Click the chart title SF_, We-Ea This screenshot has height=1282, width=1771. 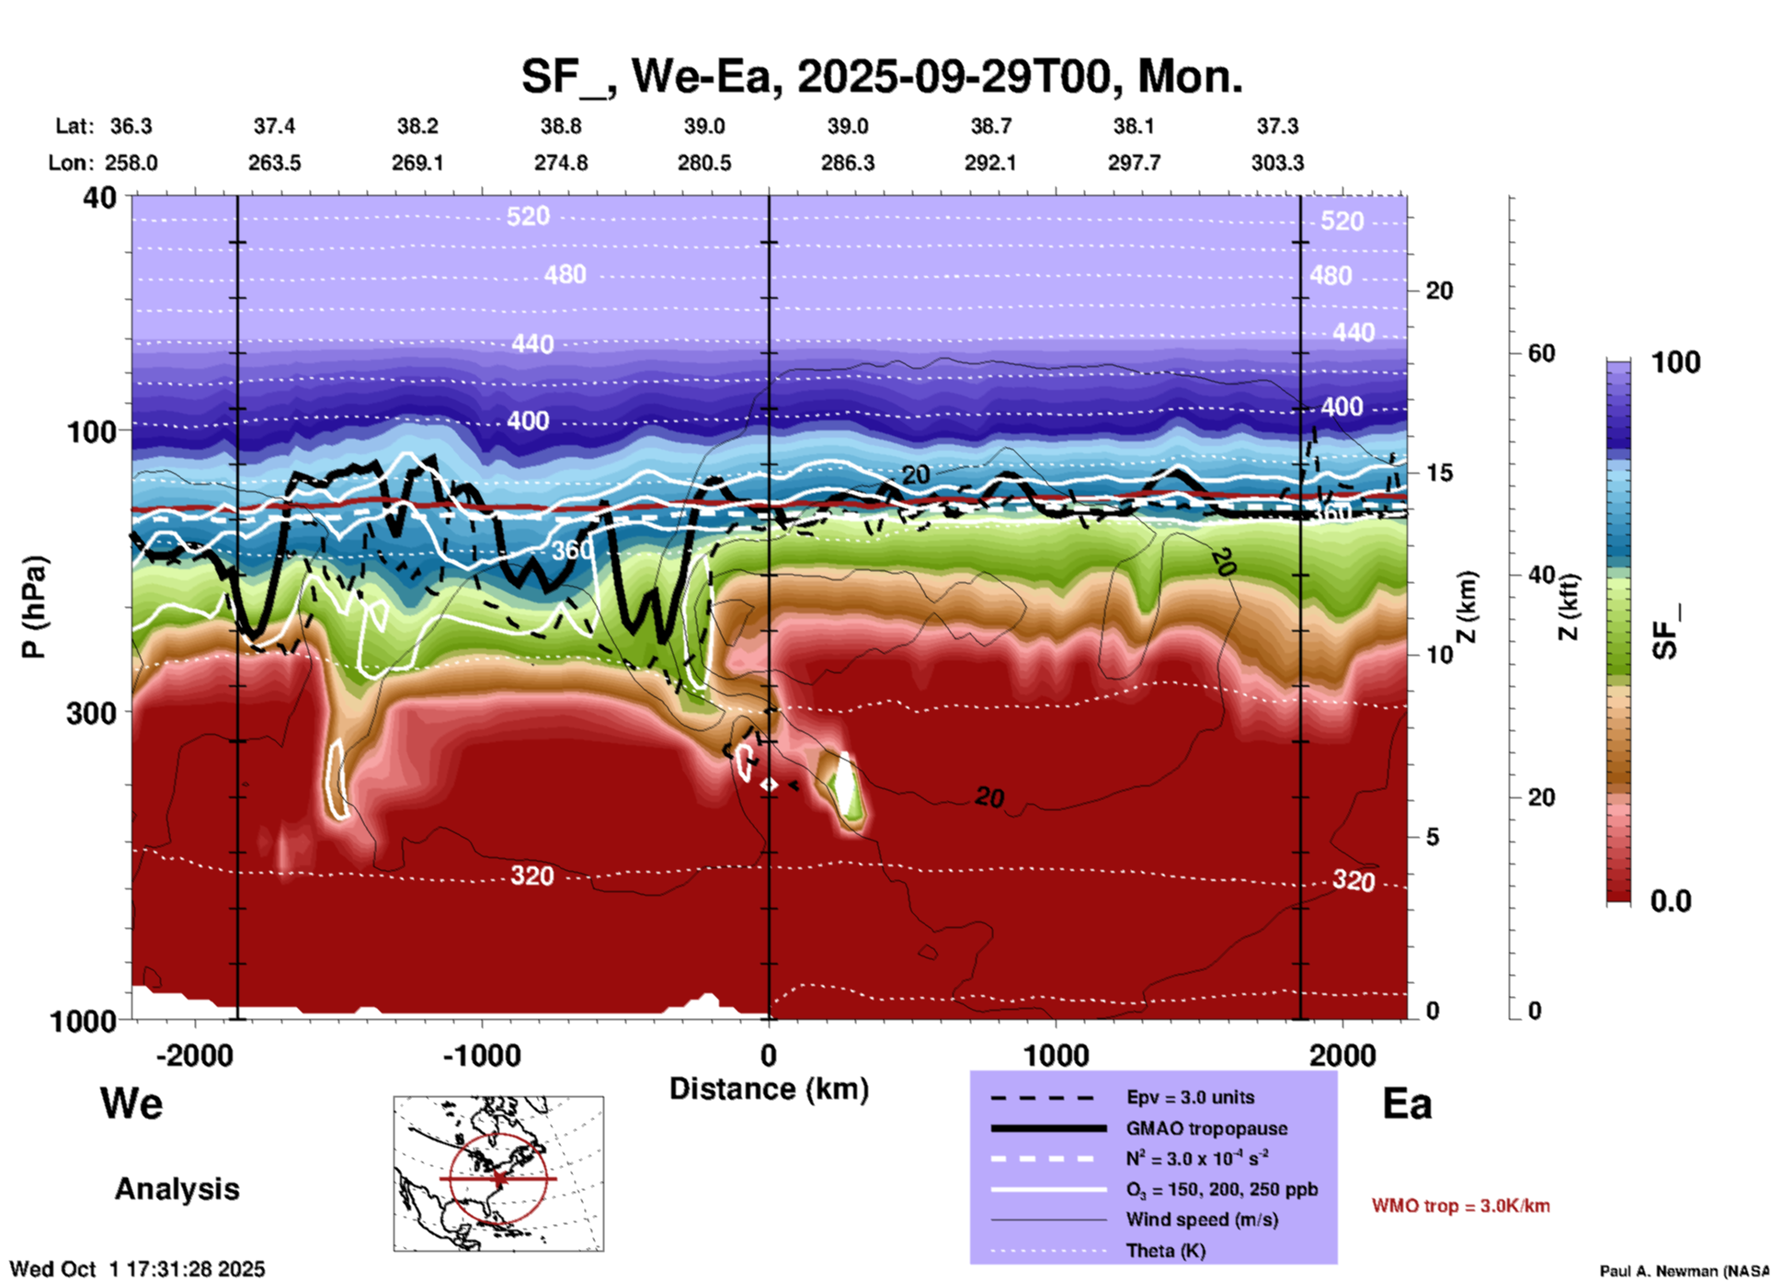pyautogui.click(x=881, y=76)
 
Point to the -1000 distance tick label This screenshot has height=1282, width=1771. pyautogui.click(x=482, y=1055)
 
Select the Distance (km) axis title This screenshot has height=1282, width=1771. pyautogui.click(x=769, y=1089)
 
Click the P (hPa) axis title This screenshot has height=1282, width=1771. pyautogui.click(x=34, y=607)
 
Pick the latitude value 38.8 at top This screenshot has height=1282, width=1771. pyautogui.click(x=560, y=126)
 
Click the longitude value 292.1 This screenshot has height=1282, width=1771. pyautogui.click(x=990, y=163)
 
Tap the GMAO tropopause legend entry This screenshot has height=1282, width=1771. pyautogui.click(x=1205, y=1128)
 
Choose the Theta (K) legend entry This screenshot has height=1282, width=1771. pyautogui.click(x=1165, y=1251)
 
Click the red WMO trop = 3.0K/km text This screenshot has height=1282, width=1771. pyautogui.click(x=1460, y=1206)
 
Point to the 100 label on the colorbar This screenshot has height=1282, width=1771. pyautogui.click(x=1675, y=362)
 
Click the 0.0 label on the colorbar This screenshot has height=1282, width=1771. pyautogui.click(x=1670, y=901)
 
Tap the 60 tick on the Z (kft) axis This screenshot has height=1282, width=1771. pyautogui.click(x=1541, y=353)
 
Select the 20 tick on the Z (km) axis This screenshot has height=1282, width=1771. pyautogui.click(x=1438, y=291)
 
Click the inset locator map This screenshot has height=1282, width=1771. pyautogui.click(x=498, y=1173)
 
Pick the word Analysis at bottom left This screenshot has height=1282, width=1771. pyautogui.click(x=177, y=1189)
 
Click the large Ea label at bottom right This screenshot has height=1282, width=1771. pyautogui.click(x=1407, y=1104)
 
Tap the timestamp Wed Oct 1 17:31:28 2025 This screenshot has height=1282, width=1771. pyautogui.click(x=137, y=1269)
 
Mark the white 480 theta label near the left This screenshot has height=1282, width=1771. pyautogui.click(x=565, y=275)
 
